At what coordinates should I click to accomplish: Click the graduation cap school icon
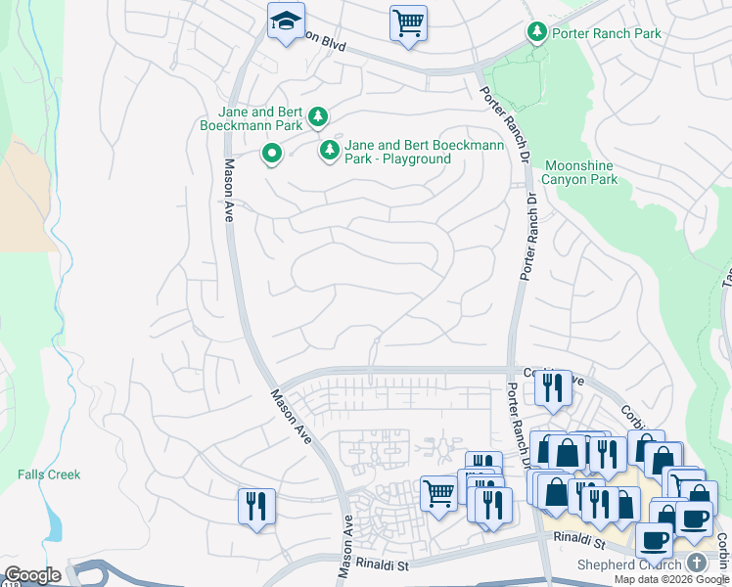click(286, 22)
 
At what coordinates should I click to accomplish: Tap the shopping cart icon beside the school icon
click(408, 22)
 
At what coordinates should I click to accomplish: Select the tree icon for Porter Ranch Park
click(537, 33)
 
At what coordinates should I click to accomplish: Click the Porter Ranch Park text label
click(607, 33)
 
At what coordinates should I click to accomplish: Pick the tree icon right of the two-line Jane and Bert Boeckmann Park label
click(318, 118)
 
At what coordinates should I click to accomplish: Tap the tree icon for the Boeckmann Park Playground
click(331, 150)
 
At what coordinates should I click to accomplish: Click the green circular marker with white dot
click(272, 154)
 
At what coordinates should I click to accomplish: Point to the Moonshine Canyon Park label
click(580, 172)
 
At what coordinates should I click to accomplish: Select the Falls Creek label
click(49, 474)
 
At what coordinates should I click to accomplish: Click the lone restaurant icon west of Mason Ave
click(256, 507)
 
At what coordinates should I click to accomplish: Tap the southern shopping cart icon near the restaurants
click(439, 493)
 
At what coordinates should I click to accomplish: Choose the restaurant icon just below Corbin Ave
click(554, 387)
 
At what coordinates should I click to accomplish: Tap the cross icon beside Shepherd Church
click(696, 562)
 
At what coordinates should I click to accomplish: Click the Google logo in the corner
click(32, 575)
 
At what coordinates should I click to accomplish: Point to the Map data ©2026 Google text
click(672, 579)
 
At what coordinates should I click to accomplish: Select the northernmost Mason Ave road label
click(228, 191)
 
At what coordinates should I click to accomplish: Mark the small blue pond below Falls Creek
click(53, 525)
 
